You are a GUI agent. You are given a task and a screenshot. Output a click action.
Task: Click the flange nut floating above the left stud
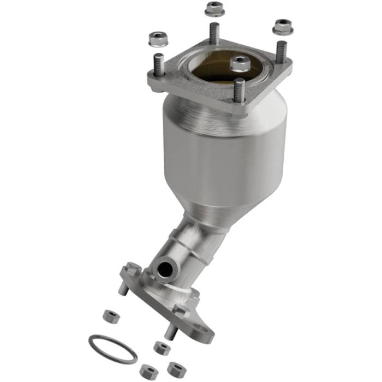[x=158, y=38]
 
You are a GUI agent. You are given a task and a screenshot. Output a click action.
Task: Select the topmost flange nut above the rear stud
[x=214, y=9]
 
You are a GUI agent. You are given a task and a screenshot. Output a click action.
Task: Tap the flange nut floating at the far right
[x=282, y=26]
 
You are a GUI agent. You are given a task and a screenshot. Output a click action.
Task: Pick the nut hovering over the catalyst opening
[x=240, y=63]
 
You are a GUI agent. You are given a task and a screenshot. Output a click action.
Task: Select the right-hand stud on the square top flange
[x=280, y=52]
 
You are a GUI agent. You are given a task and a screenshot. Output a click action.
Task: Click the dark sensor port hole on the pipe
[x=163, y=269]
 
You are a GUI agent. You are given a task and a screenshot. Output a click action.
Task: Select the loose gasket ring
[x=113, y=349]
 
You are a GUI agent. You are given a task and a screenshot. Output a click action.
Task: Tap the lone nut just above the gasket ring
[x=111, y=316]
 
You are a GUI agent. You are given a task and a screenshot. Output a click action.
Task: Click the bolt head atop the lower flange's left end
[x=132, y=268]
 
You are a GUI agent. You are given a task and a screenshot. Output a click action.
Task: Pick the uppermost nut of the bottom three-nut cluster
[x=160, y=347]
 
